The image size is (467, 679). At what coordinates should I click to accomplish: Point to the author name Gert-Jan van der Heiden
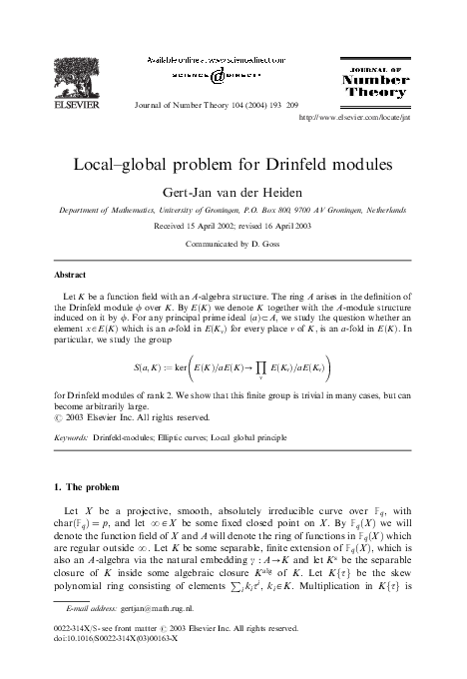[x=233, y=190]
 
